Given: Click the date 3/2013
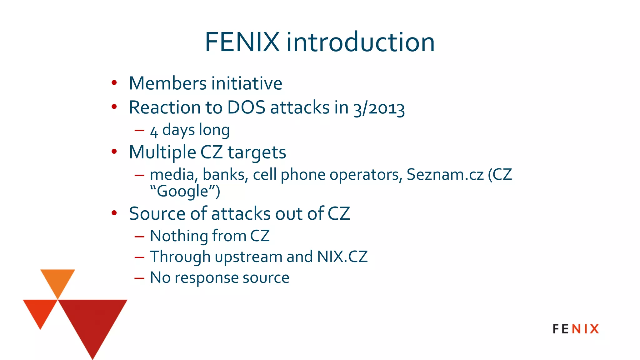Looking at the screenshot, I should point(379,108).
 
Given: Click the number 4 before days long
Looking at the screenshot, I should point(154,131).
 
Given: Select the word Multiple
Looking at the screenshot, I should point(162,152).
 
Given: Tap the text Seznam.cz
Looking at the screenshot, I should point(445,174).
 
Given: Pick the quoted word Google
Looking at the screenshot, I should point(182,191).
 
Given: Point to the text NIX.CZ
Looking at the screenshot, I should point(342,257).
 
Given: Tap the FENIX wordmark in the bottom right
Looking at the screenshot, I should point(576,329).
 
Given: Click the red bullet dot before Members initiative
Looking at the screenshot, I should point(114,83).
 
